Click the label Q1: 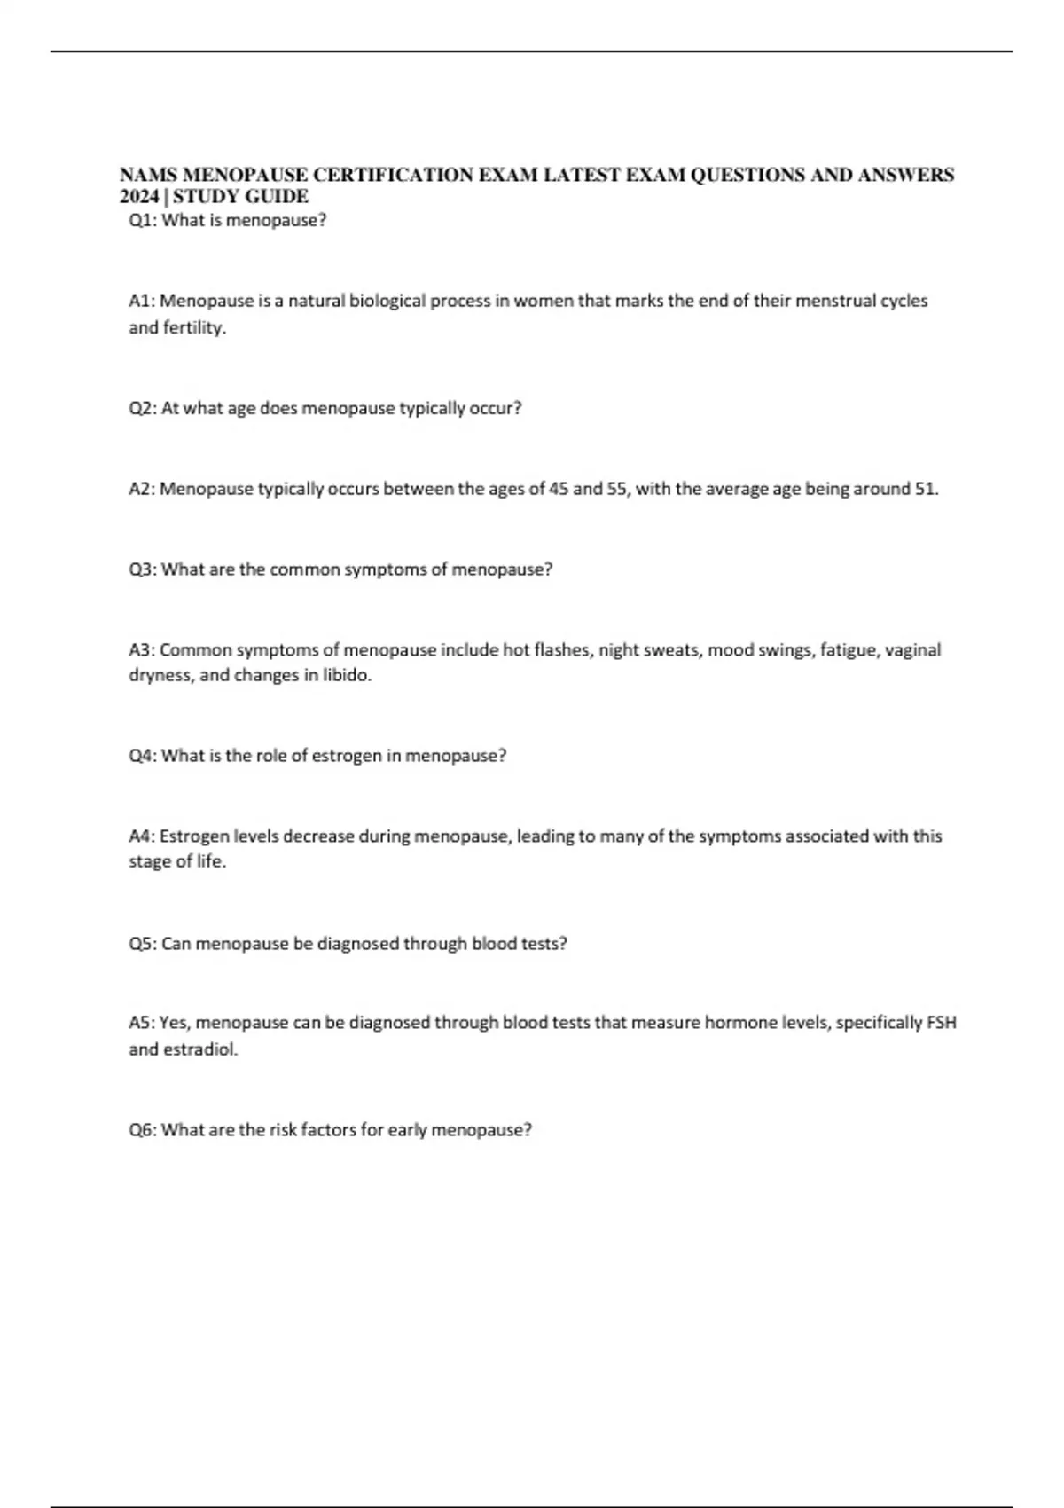(143, 221)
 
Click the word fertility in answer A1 (193, 327)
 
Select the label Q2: (143, 409)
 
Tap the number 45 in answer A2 (559, 489)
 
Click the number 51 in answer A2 (925, 489)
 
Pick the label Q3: (143, 569)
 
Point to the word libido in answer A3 (346, 676)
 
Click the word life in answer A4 (210, 861)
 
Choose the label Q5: (143, 944)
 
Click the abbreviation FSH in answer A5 (941, 1023)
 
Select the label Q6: (143, 1130)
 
